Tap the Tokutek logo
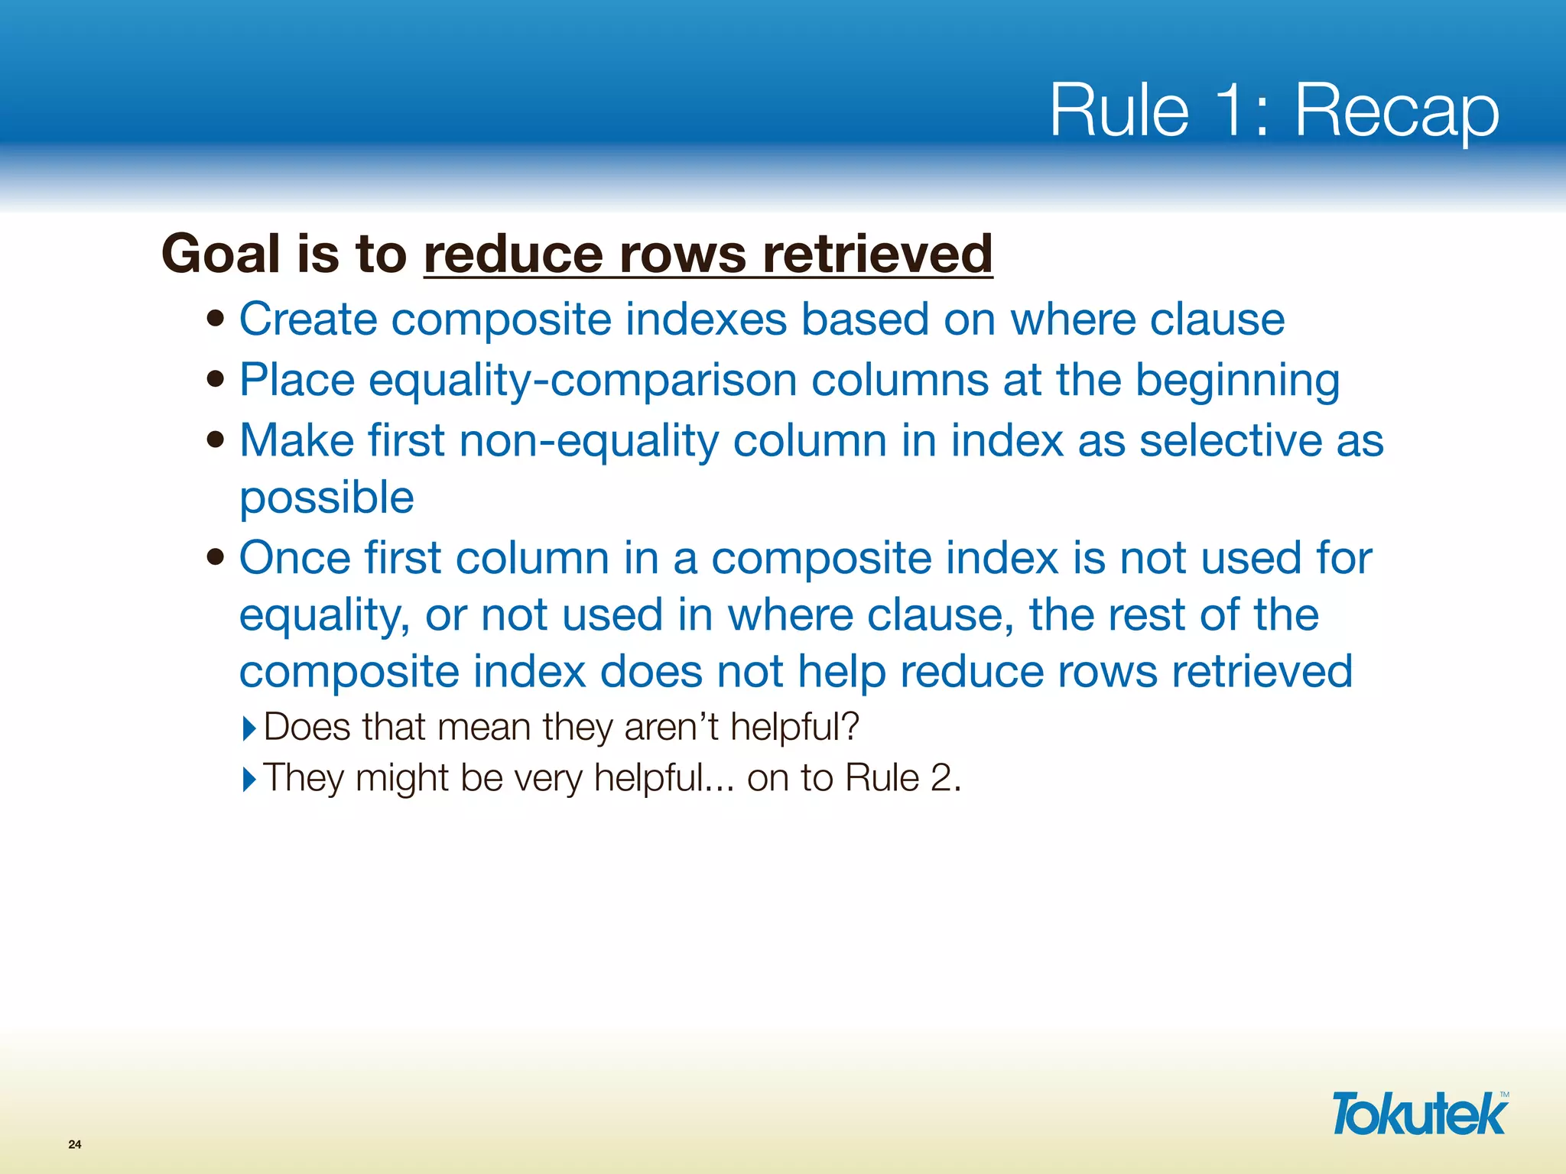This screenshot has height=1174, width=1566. (1419, 1114)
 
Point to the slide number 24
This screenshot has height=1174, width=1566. (75, 1144)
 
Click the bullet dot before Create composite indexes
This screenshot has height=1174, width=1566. (216, 317)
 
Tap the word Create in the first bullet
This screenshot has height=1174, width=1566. (308, 319)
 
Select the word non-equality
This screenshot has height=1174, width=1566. (588, 441)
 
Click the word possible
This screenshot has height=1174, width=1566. (327, 499)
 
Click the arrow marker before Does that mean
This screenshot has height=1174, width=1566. (249, 728)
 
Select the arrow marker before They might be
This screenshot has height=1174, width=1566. (249, 780)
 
